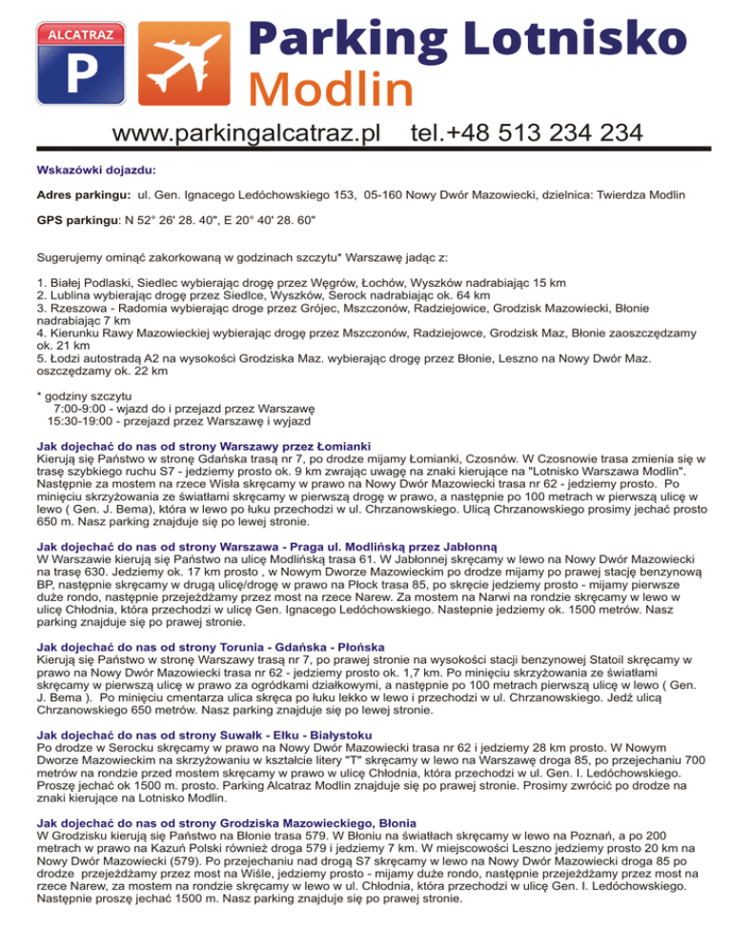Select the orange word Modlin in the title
point(331,88)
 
